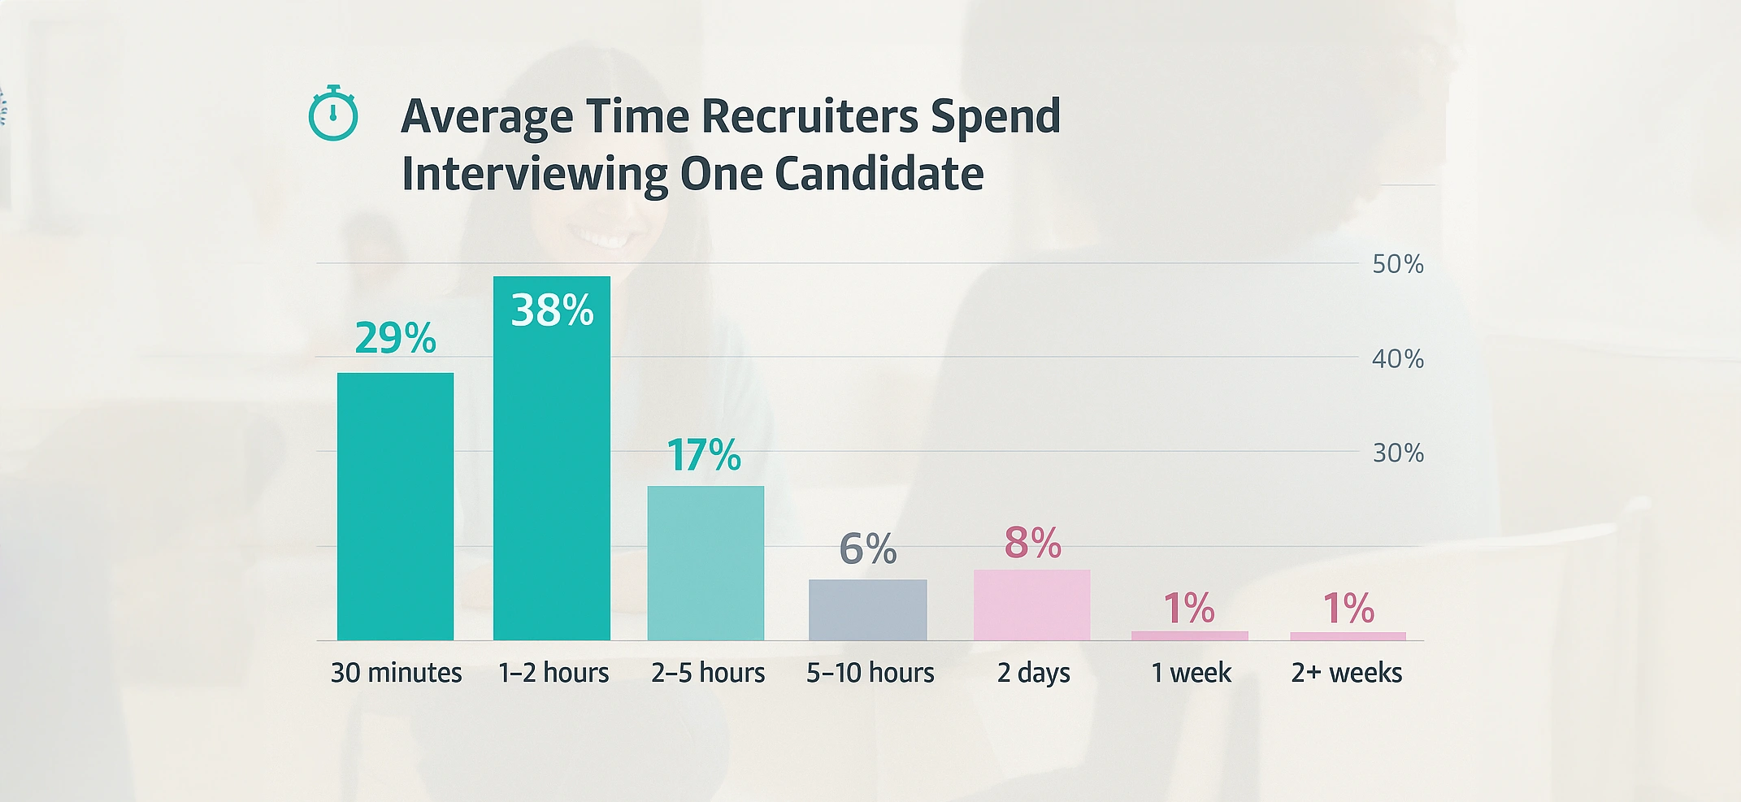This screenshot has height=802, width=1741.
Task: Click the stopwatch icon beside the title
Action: point(333,114)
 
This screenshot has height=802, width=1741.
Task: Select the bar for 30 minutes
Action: point(395,506)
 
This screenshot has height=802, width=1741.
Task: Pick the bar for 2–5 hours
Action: point(706,562)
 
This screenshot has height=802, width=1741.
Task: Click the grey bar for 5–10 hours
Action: point(867,609)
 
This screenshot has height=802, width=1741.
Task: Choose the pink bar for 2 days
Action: point(1031,605)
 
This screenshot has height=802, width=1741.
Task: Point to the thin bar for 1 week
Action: point(1189,635)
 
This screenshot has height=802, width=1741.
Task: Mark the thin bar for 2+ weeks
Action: point(1348,635)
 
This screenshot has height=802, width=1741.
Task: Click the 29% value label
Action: point(395,338)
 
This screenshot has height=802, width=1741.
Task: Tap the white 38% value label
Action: point(552,310)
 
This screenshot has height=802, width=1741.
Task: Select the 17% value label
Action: point(704,455)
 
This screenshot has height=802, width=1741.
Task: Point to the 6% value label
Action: point(867,548)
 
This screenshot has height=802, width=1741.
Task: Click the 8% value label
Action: point(1032,543)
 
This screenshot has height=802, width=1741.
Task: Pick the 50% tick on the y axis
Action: point(1397,264)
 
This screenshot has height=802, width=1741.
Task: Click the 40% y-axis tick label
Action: point(1397,358)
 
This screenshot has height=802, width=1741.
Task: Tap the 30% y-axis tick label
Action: point(1397,453)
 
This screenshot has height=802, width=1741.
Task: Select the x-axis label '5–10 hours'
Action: point(870,673)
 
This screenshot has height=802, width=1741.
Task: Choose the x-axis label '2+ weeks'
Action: point(1347,673)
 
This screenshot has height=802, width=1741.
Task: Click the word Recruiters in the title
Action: point(810,115)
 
